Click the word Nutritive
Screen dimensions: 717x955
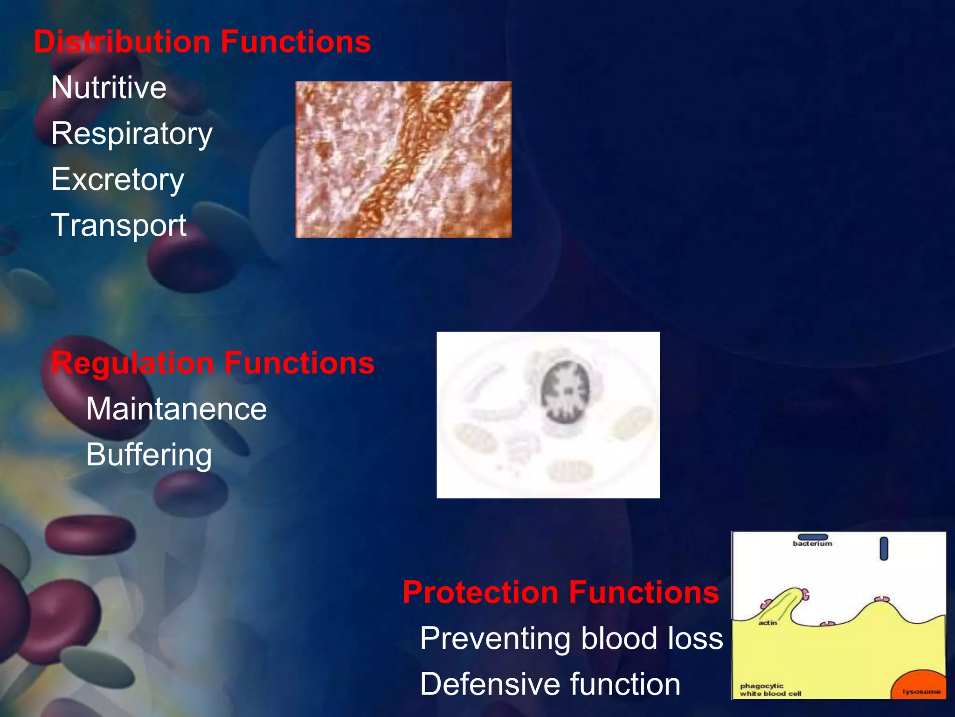109,87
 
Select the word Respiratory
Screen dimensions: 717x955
132,134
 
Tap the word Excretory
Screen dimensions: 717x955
118,179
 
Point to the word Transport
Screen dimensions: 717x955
119,225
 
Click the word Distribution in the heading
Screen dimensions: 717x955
122,42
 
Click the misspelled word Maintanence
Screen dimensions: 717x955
176,409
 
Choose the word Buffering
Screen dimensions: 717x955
149,455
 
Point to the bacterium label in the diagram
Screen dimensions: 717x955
812,544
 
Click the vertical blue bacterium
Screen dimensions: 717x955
884,548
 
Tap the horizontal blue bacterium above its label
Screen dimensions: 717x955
812,537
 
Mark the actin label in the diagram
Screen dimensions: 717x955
768,623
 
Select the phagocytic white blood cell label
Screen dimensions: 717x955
770,689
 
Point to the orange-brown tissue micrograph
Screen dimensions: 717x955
403,160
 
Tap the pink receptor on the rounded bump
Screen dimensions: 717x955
881,599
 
